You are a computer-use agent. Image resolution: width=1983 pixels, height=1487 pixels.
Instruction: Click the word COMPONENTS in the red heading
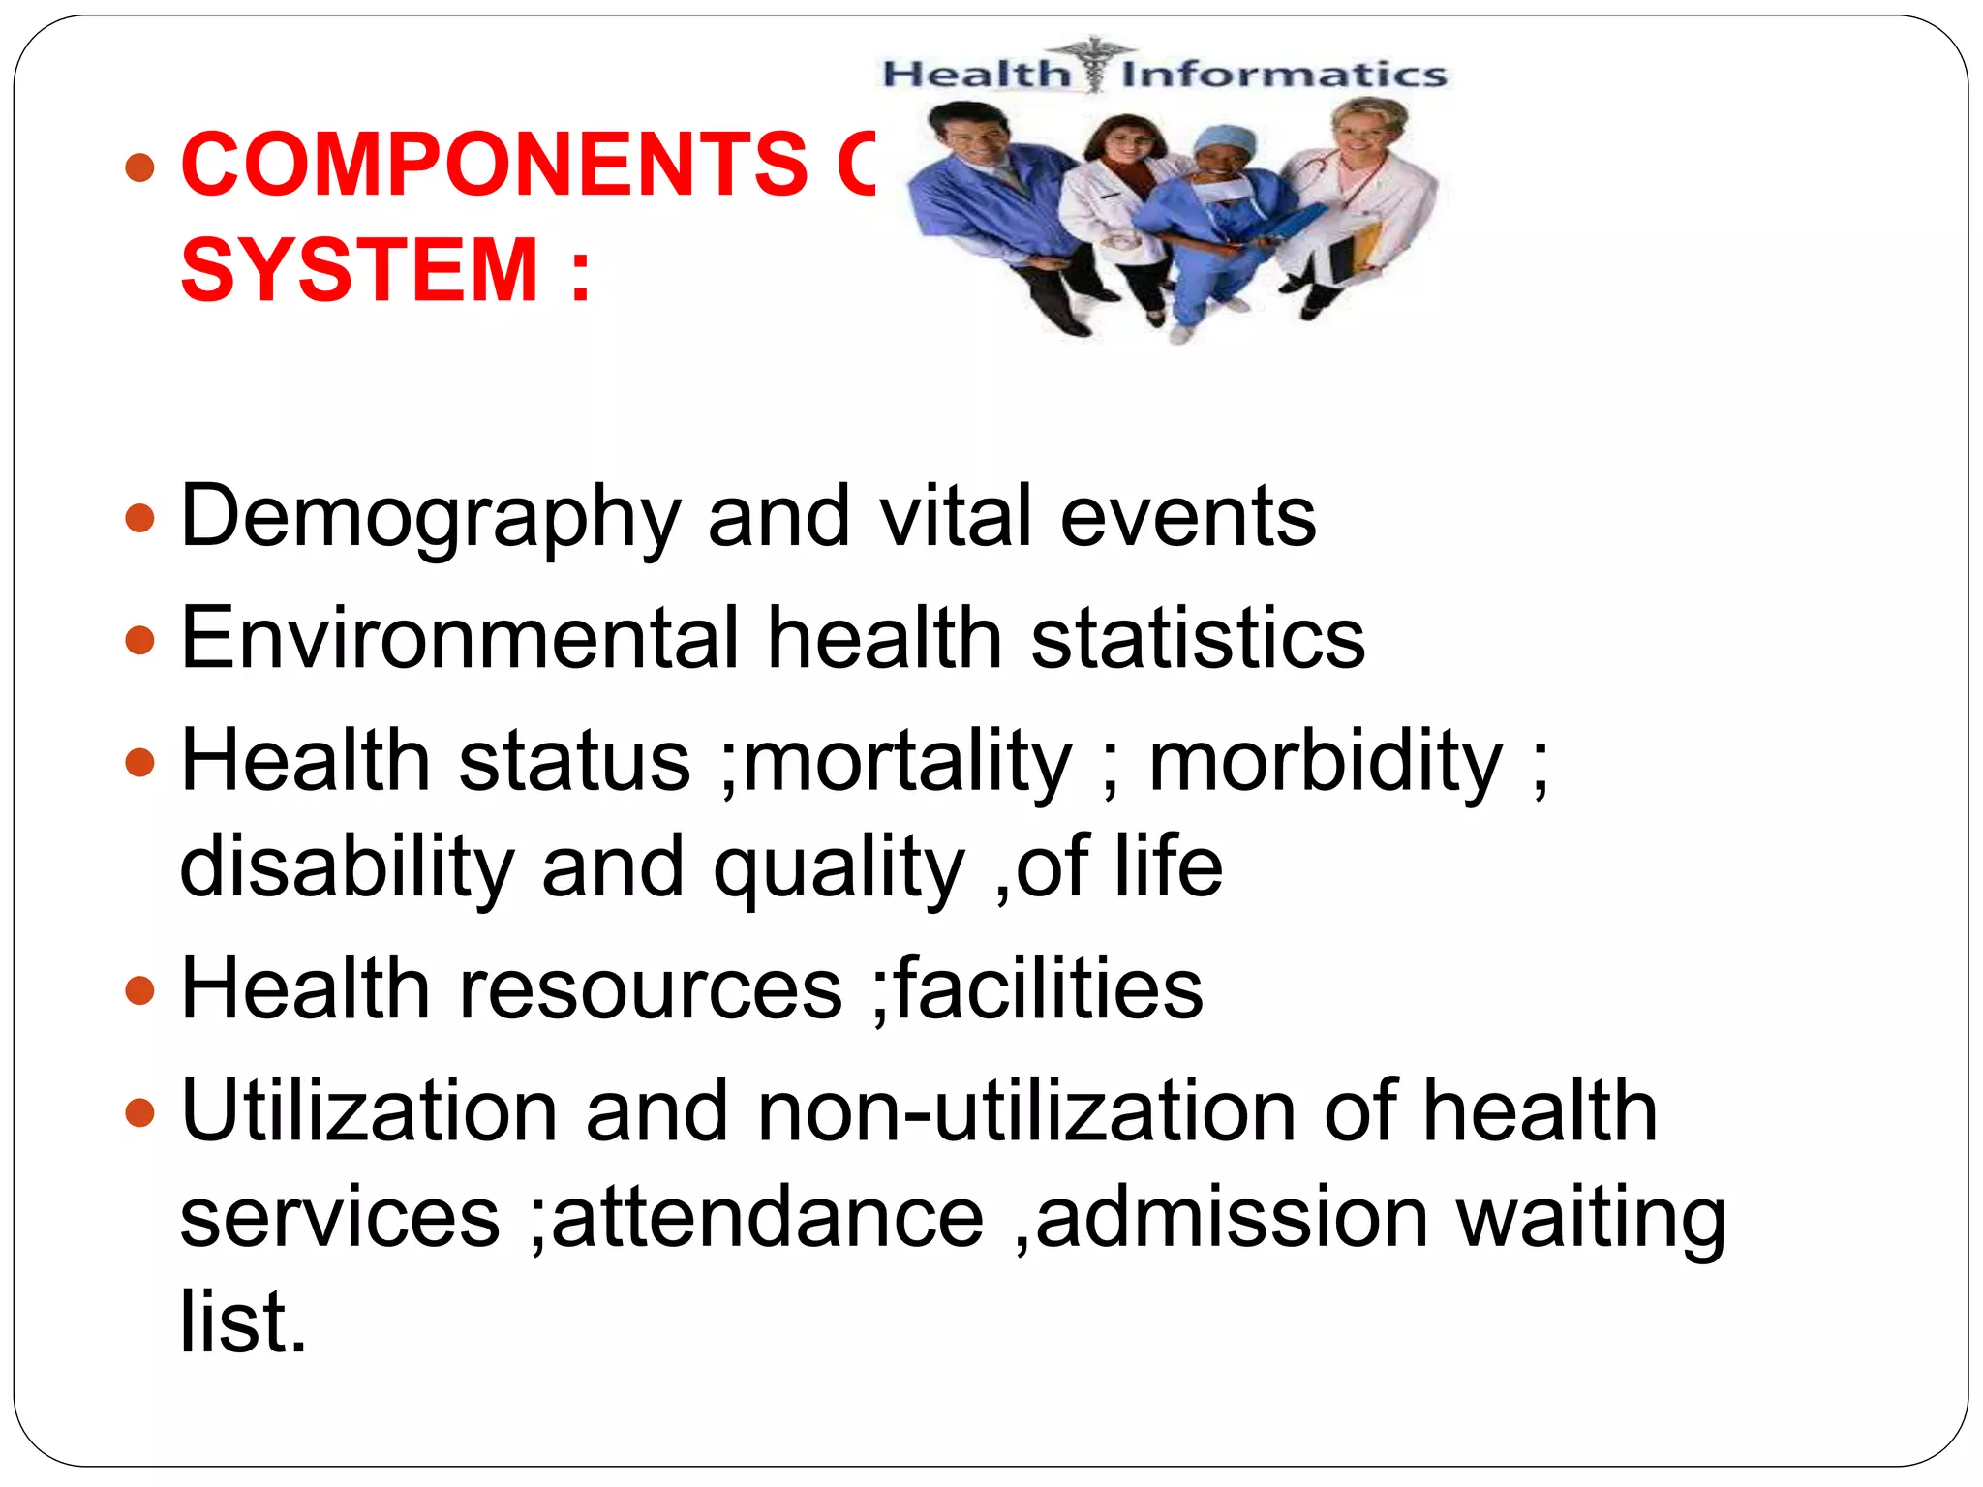[x=494, y=165]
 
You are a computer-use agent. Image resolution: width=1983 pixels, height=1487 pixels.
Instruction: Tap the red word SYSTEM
[x=359, y=270]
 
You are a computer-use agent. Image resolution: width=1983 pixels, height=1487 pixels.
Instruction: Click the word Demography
[x=431, y=518]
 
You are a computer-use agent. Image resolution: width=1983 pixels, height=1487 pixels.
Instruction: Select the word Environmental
[x=460, y=638]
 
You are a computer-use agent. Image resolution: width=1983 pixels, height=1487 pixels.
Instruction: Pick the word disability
[x=347, y=866]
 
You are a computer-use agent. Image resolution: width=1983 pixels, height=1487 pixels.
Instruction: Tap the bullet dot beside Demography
[x=140, y=518]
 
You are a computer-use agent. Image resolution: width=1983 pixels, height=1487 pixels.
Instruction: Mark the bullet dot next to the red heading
[x=140, y=167]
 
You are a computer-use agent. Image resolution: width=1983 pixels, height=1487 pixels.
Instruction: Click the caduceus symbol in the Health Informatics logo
[x=1094, y=64]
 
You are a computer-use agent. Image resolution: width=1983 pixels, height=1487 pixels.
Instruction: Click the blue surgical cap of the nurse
[x=1224, y=141]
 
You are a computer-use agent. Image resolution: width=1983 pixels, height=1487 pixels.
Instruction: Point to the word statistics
[x=1198, y=638]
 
